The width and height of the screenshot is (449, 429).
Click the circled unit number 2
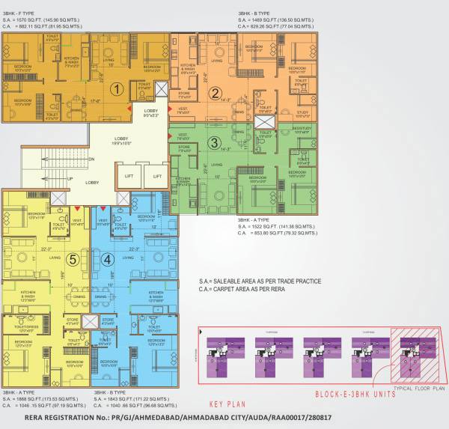tap(216, 94)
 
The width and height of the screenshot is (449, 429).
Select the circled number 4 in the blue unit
tap(108, 260)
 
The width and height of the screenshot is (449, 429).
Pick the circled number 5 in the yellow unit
tap(73, 260)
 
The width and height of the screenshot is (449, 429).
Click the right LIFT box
tap(156, 177)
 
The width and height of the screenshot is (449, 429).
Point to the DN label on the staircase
tap(91, 159)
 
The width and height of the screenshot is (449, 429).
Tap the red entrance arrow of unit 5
tap(77, 207)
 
